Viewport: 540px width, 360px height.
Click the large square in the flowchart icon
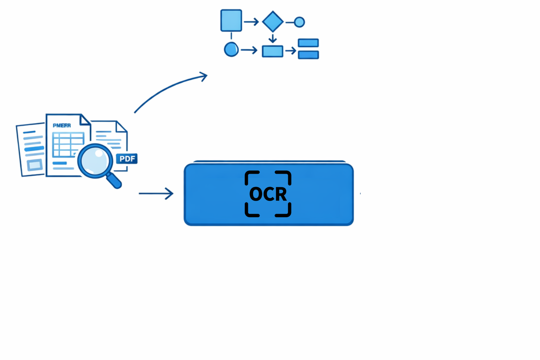click(231, 20)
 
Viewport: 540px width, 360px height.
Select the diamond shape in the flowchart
click(273, 22)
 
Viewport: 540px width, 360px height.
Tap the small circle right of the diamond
click(299, 22)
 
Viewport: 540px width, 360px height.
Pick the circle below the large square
click(231, 50)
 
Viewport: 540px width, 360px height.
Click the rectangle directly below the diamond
click(272, 51)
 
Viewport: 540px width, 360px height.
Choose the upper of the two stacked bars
click(308, 43)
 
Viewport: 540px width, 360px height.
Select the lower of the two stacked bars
click(308, 55)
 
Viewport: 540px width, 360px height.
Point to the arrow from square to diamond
click(251, 22)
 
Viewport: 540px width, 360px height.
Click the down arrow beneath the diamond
click(272, 38)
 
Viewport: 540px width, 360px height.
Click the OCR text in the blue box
click(268, 194)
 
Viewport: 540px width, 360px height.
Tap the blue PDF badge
click(127, 159)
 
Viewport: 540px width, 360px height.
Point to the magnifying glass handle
click(114, 180)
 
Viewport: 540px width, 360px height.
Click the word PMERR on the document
click(62, 126)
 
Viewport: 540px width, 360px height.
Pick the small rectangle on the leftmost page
click(35, 165)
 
